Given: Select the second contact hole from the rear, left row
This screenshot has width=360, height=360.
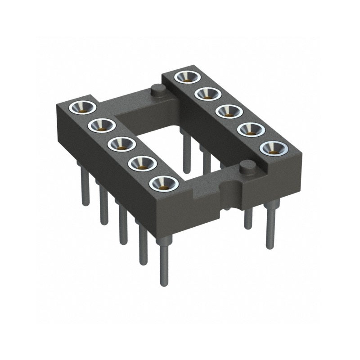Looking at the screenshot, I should [x=102, y=125].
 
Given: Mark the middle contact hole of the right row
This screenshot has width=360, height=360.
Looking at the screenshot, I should [x=227, y=111].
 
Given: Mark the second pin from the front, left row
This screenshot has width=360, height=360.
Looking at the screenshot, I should [x=143, y=243].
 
